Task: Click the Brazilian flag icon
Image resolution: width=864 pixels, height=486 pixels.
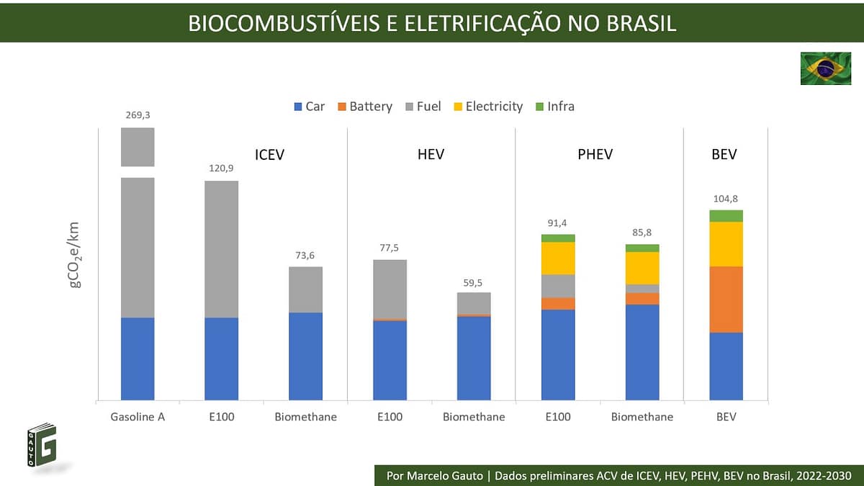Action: (825, 68)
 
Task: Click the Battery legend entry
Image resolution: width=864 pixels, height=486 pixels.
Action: (364, 107)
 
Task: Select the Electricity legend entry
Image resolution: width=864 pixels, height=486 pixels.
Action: (487, 107)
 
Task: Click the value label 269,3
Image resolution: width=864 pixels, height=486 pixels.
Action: (138, 114)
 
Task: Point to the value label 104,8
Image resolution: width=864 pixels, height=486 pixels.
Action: (726, 199)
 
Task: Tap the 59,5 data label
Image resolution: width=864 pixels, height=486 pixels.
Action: (474, 281)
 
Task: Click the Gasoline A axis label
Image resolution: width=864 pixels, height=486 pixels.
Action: (138, 417)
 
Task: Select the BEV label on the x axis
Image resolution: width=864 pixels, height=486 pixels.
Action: (726, 417)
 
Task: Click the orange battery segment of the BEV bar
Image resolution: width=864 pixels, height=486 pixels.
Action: (726, 300)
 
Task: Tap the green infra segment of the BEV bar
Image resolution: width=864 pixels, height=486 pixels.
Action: (726, 216)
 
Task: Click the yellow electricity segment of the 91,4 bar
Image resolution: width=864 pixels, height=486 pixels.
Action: (558, 258)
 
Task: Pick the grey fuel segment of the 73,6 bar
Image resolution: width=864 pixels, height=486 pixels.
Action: (305, 289)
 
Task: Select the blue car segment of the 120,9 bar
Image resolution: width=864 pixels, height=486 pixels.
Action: (221, 359)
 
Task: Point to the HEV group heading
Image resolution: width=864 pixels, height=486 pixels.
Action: (431, 154)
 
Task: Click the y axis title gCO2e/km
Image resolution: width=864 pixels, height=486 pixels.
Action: (75, 255)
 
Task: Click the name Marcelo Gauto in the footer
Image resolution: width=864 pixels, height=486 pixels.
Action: (446, 476)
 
